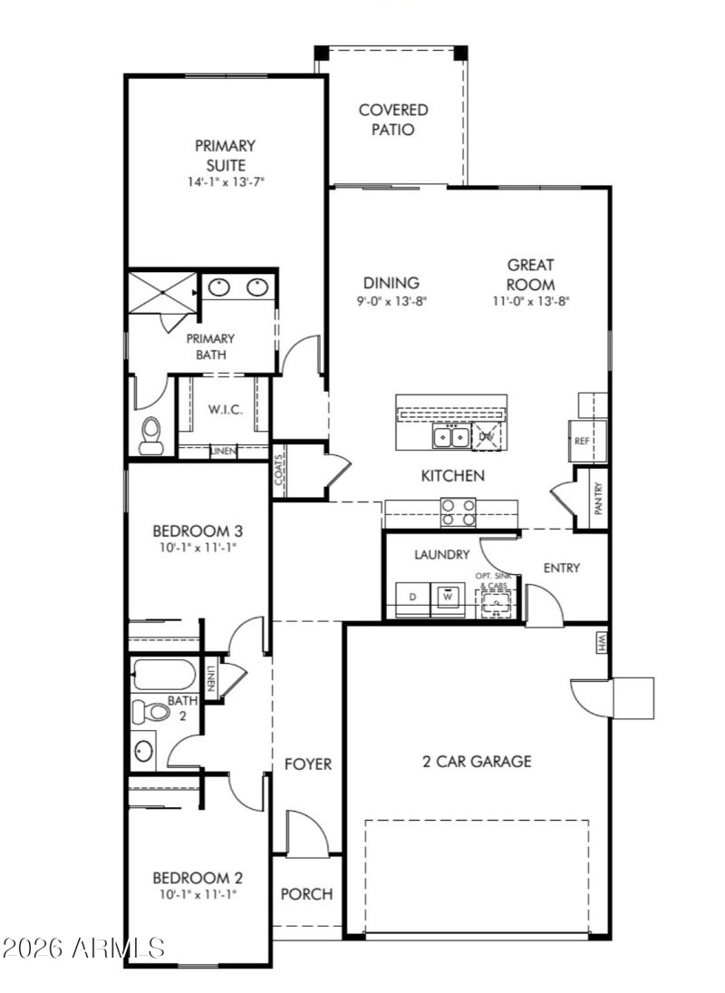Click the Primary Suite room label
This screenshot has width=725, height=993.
tap(226, 154)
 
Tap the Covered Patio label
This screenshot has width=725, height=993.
tap(393, 120)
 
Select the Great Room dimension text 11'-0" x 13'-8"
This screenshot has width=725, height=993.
tap(530, 300)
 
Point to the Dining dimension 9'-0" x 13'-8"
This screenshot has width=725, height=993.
tap(391, 300)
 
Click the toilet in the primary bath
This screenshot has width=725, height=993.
tap(151, 434)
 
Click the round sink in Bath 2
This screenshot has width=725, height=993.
tap(144, 750)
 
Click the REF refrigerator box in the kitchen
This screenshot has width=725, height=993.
tap(583, 441)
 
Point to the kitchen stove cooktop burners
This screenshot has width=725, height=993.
tap(459, 512)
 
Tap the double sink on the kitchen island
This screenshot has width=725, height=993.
tap(450, 438)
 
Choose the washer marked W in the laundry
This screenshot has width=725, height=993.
tap(447, 598)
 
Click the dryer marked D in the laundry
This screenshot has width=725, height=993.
tap(412, 598)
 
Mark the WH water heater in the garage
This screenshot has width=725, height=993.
tap(601, 642)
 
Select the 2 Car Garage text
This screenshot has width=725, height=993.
tap(477, 762)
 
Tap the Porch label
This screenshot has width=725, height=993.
tap(306, 894)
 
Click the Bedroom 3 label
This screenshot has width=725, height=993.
tap(197, 531)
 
